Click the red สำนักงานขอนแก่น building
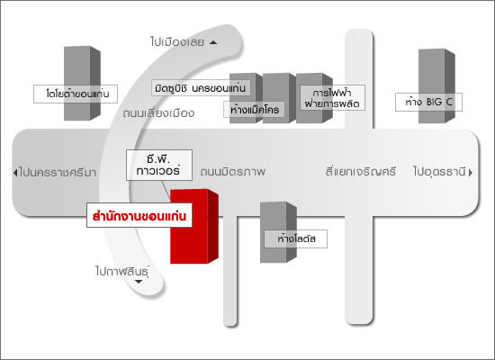(x=194, y=226)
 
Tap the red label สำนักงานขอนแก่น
(x=139, y=215)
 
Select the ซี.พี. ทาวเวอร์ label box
(x=159, y=166)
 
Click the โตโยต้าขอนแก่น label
(x=76, y=94)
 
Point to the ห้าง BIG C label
(x=428, y=102)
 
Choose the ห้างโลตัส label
(x=296, y=238)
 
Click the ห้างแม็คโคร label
(x=255, y=110)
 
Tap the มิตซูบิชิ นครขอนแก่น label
(x=201, y=88)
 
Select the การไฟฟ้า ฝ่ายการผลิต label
(x=332, y=98)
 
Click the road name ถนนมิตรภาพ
(x=233, y=172)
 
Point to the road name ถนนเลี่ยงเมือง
(x=158, y=113)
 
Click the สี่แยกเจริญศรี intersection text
(x=361, y=172)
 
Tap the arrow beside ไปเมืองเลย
(x=213, y=42)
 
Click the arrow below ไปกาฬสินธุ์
(x=139, y=282)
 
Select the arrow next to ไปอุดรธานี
(x=471, y=173)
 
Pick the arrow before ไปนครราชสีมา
(x=14, y=173)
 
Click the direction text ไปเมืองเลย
(x=177, y=42)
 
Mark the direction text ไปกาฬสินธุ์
(x=122, y=271)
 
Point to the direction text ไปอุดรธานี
(x=440, y=172)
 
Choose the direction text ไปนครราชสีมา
(x=57, y=173)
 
